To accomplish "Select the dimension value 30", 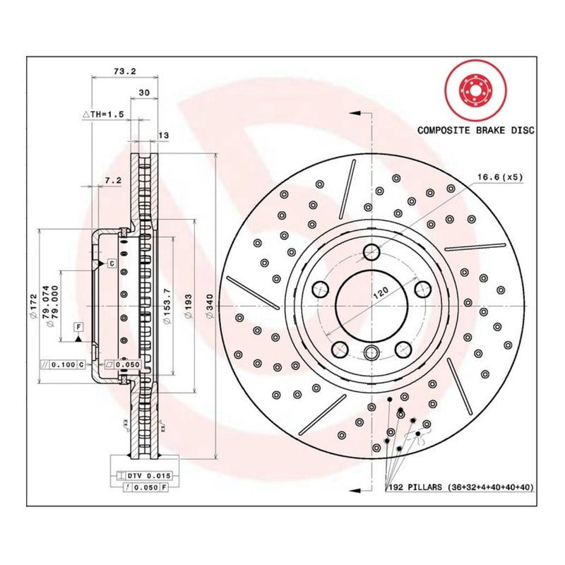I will point(143,93).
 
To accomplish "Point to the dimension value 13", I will point(164,135).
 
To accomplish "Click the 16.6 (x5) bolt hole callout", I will point(500,177).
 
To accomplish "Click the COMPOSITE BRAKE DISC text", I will point(475,130).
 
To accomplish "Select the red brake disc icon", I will point(475,90).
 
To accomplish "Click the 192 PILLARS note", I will point(459,487).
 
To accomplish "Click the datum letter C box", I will point(111,263).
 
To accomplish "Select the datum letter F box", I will point(78,326).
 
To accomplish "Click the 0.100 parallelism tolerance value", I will point(64,364).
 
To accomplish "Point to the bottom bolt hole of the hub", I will point(371,353).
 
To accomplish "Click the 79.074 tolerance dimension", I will point(45,304).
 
